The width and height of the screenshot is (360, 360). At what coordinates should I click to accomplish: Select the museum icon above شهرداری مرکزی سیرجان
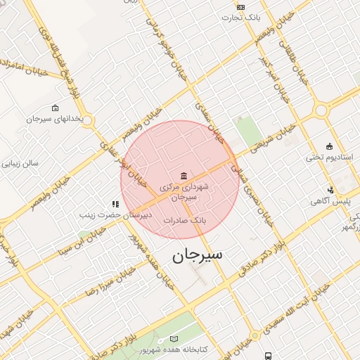pyautogui.click(x=184, y=175)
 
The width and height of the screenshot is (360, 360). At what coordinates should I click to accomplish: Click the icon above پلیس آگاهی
pyautogui.click(x=330, y=190)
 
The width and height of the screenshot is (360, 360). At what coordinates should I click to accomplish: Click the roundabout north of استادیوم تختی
pyautogui.click(x=321, y=110)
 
